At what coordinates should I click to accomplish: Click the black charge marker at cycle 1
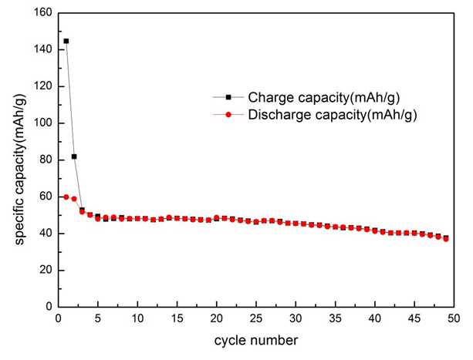point(66,41)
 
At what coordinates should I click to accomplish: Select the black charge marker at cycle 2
point(74,156)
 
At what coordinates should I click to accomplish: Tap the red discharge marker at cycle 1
point(66,197)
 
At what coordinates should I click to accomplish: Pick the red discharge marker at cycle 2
point(74,199)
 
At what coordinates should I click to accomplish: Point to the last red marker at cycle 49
point(446,239)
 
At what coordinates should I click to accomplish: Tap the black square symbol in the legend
point(228,97)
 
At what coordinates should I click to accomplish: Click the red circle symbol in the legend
point(228,115)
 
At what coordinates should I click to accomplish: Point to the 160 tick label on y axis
point(43,13)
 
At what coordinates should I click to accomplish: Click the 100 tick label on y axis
point(43,123)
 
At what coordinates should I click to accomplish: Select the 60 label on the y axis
point(46,197)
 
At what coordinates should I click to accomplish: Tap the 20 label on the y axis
point(46,270)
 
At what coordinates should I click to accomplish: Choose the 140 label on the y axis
point(43,49)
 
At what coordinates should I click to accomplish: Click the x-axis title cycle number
point(256,339)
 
